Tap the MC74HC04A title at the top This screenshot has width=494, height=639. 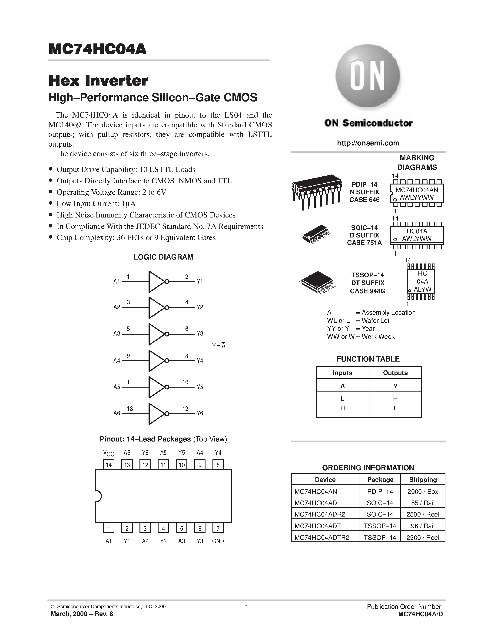click(97, 49)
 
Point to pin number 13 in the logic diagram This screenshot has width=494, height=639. click(130, 409)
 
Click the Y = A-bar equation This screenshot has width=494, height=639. click(219, 346)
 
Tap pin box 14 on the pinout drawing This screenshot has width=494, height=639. click(109, 465)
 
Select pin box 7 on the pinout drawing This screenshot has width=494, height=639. click(218, 528)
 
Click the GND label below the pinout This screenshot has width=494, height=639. click(218, 541)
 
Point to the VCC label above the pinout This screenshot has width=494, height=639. click(109, 453)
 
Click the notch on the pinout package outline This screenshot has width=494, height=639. click(98, 496)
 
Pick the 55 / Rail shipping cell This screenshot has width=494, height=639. click(423, 503)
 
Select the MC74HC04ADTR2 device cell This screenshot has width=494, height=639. click(322, 537)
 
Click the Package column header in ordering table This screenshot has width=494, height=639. click(380, 480)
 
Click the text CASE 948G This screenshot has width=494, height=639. click(368, 291)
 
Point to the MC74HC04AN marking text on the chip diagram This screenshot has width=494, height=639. click(417, 190)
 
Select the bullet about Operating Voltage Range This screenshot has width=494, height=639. click(111, 192)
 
